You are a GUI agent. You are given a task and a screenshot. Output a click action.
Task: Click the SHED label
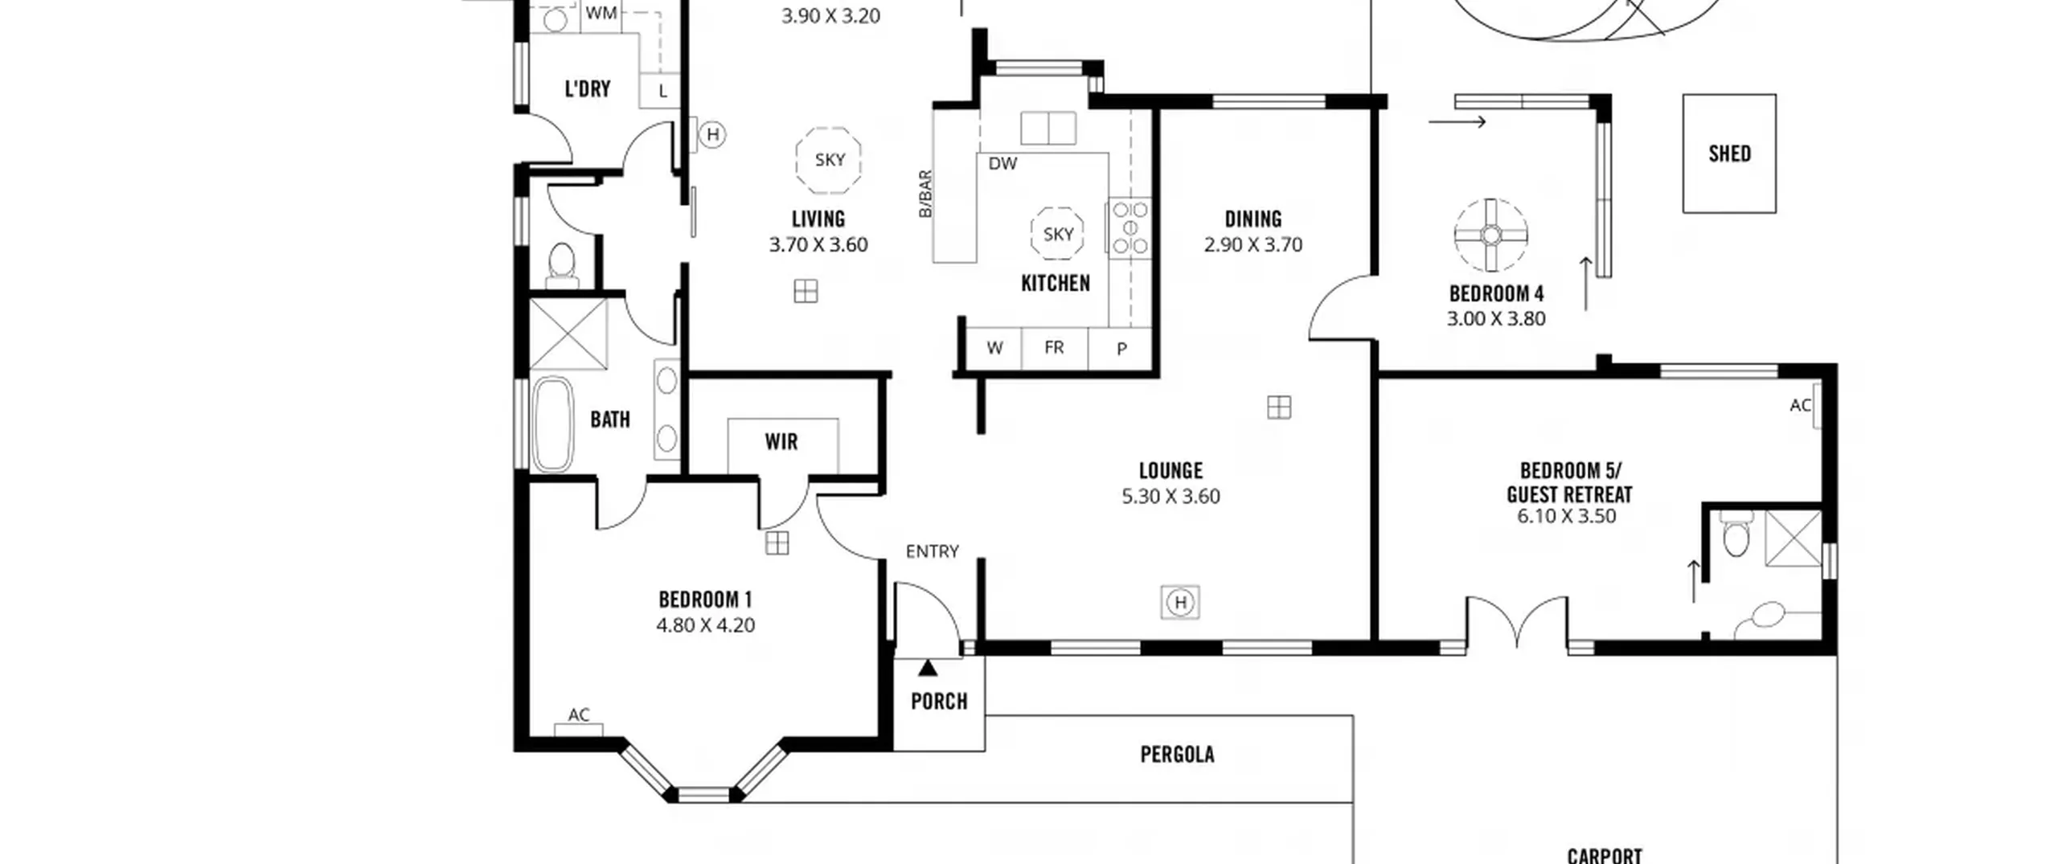click(x=1729, y=154)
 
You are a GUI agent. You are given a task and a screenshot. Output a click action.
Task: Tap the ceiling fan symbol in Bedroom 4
click(x=1490, y=235)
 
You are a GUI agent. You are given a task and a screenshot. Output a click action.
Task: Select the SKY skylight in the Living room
click(x=829, y=159)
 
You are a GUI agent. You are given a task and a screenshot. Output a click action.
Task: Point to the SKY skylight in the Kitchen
click(x=1057, y=233)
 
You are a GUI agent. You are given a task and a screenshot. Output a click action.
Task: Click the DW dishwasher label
click(x=1002, y=164)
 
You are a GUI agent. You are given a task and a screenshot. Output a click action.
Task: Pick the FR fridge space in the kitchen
click(x=1054, y=347)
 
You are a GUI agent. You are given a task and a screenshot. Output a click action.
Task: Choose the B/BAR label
click(x=925, y=194)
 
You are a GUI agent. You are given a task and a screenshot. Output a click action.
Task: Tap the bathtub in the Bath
click(x=552, y=424)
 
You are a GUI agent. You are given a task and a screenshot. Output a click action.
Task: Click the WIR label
click(x=781, y=441)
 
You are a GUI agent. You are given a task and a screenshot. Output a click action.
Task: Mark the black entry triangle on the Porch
click(x=928, y=668)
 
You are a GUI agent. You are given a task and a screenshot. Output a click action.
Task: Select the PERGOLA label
click(x=1177, y=754)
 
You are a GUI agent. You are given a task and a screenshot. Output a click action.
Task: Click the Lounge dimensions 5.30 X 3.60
click(x=1170, y=496)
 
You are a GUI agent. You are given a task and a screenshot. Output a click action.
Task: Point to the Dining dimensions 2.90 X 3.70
click(x=1252, y=244)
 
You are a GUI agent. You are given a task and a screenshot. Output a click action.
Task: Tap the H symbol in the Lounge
click(x=1180, y=602)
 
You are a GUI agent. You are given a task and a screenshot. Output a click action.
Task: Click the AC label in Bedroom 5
click(x=1800, y=406)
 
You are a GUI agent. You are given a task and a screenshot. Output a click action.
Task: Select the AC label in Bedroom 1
click(x=579, y=715)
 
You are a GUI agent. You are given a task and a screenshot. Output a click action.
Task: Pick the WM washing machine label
click(x=601, y=13)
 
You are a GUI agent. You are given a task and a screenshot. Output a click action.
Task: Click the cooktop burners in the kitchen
click(x=1129, y=227)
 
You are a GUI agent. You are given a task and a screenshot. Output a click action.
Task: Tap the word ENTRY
click(x=932, y=551)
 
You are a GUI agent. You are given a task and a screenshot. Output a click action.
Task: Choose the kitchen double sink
click(x=1047, y=128)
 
